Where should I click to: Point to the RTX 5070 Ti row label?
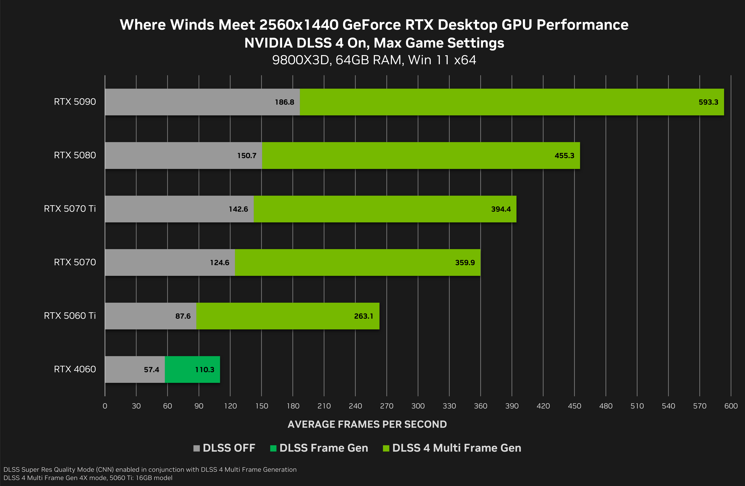click(x=70, y=209)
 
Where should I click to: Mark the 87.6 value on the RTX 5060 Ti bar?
click(x=183, y=316)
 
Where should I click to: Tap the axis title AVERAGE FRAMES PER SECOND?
click(x=367, y=424)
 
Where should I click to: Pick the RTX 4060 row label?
click(x=75, y=369)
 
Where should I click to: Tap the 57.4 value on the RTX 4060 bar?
click(x=152, y=370)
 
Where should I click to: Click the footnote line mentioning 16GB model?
click(x=88, y=478)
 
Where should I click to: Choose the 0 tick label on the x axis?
click(x=105, y=406)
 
